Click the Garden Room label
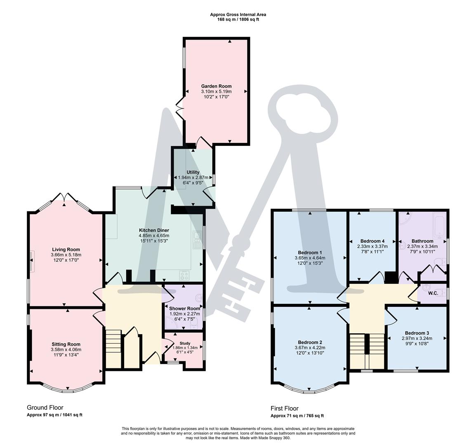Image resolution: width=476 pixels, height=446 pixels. [216, 86]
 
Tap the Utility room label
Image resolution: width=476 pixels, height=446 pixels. [193, 172]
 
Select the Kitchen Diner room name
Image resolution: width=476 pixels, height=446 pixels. [154, 230]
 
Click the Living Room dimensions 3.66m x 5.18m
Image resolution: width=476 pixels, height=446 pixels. [66, 255]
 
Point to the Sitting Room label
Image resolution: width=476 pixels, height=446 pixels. [66, 344]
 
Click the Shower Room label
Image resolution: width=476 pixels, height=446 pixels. [184, 308]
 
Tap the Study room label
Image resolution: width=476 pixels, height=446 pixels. [184, 343]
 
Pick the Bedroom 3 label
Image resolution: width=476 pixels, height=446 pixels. [417, 333]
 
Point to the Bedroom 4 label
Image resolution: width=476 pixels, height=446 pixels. [372, 241]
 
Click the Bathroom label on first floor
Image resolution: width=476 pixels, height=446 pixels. [422, 241]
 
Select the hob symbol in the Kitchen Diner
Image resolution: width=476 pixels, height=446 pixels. [184, 275]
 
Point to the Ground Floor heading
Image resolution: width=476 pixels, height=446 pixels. [45, 408]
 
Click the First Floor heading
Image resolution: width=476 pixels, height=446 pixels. [285, 408]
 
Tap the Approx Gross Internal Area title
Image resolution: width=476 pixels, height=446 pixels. [238, 14]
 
